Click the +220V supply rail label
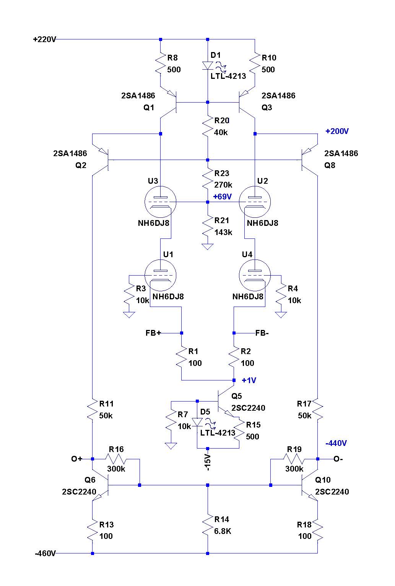[44, 39]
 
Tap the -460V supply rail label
[45, 553]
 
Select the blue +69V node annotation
[223, 197]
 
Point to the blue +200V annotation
[337, 131]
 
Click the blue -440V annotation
[336, 443]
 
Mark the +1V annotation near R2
[249, 380]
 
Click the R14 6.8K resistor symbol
[208, 525]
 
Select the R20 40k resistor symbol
[208, 126]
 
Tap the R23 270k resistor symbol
[208, 179]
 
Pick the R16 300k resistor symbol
[116, 459]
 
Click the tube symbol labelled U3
[161, 202]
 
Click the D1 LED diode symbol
[208, 66]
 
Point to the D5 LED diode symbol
[197, 422]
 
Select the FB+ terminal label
[153, 333]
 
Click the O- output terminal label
[338, 459]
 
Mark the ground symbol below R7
[171, 446]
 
